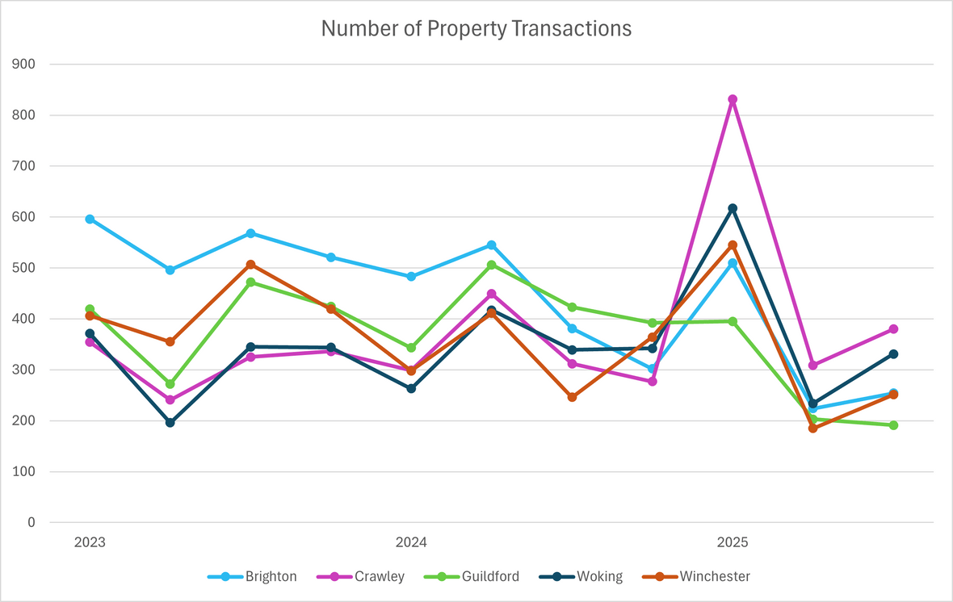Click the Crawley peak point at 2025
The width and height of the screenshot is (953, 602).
[733, 99]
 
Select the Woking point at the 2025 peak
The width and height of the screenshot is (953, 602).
[733, 208]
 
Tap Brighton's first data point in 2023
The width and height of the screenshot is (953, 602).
[90, 219]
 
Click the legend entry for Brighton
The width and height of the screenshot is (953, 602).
[271, 576]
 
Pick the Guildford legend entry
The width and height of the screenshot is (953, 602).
[490, 576]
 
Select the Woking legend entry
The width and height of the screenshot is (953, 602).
[599, 576]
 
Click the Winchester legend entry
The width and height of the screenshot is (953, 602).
[715, 576]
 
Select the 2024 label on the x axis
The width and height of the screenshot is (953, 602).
[411, 542]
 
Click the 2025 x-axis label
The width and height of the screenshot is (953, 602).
[733, 542]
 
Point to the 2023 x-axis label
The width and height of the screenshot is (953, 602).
[90, 542]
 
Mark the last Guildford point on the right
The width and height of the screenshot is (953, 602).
[893, 425]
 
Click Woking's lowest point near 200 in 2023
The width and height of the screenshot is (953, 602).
[170, 422]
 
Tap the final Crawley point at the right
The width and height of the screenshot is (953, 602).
[893, 329]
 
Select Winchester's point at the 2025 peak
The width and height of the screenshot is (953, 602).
[733, 245]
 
